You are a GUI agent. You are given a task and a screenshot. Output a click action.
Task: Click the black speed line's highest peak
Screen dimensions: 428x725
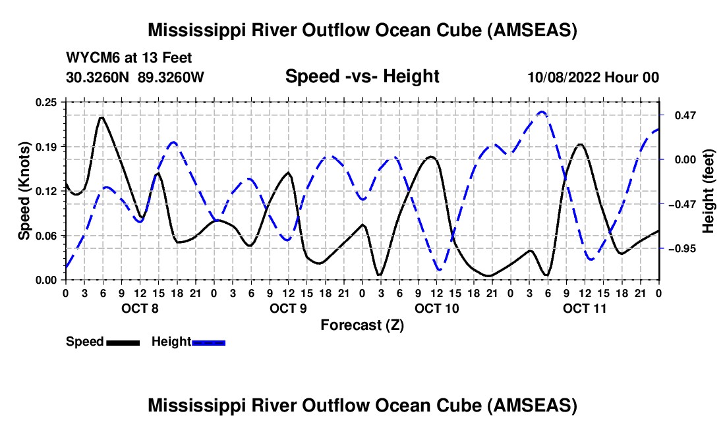[x=101, y=118]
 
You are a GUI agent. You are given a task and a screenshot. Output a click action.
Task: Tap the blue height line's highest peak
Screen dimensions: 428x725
[x=542, y=112]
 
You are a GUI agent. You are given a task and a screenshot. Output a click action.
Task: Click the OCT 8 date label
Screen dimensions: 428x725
[x=139, y=308]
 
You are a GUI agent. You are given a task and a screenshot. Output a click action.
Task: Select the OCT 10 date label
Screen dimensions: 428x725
[x=436, y=308]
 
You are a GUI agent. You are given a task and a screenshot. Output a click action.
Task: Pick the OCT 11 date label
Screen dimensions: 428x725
[x=585, y=308]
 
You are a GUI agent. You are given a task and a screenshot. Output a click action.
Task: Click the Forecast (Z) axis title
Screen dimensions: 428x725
[x=362, y=325]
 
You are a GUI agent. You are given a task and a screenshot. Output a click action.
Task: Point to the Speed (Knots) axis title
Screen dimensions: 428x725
[x=24, y=191]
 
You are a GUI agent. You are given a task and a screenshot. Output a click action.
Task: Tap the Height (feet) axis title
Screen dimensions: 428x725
[x=709, y=191]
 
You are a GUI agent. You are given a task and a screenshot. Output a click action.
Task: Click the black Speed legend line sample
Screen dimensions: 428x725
[x=123, y=342]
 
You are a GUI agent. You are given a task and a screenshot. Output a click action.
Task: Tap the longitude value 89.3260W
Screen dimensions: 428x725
[x=171, y=77]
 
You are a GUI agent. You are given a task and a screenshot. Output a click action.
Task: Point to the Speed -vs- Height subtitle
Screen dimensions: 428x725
[x=362, y=76]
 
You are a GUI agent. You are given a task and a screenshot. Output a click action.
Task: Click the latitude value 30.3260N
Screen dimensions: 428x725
[x=99, y=77]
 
